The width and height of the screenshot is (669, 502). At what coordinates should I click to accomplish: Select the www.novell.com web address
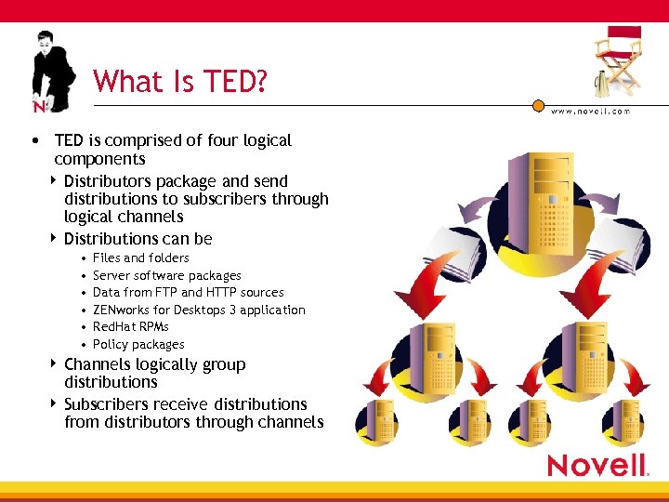590,112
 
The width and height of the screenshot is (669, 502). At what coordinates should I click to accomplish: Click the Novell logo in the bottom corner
597,465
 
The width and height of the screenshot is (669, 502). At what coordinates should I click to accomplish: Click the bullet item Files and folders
140,258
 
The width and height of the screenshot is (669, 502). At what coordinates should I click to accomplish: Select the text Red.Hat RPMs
131,326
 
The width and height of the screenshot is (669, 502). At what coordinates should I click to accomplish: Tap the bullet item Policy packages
138,344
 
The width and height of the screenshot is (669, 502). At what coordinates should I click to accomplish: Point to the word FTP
165,292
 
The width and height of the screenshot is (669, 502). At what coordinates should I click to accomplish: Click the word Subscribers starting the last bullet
107,404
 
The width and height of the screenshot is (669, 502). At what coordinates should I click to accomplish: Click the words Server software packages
167,275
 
